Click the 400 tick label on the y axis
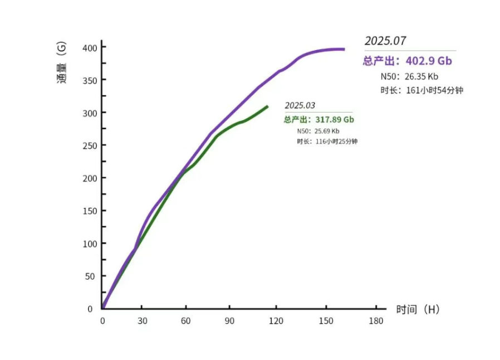pyautogui.click(x=90, y=48)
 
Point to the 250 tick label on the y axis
pyautogui.click(x=90, y=145)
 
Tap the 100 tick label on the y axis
pyautogui.click(x=90, y=244)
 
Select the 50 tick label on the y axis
pyautogui.click(x=92, y=276)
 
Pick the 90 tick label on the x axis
pyautogui.click(x=229, y=321)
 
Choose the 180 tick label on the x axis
pyautogui.click(x=377, y=321)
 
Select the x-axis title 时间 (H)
pyautogui.click(x=418, y=309)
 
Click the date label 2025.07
pyautogui.click(x=385, y=41)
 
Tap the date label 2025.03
pyautogui.click(x=300, y=105)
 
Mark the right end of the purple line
pyautogui.click(x=344, y=50)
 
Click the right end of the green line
pyautogui.click(x=267, y=106)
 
